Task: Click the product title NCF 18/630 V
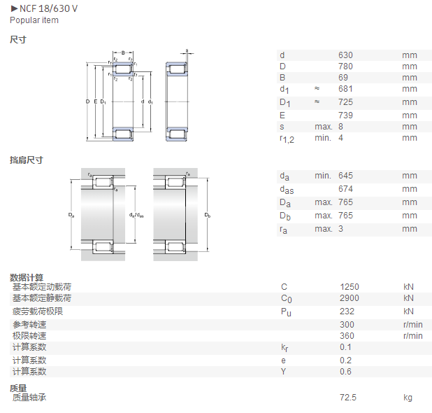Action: (48, 8)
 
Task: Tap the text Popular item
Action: (34, 20)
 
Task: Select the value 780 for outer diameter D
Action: (345, 66)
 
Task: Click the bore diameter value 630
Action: (345, 55)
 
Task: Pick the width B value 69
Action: (343, 78)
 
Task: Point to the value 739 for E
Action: (345, 115)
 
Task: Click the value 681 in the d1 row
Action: (345, 89)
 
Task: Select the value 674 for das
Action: (345, 189)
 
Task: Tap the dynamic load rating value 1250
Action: (350, 287)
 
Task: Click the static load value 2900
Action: (350, 298)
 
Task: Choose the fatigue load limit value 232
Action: (347, 311)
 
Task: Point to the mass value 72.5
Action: (348, 398)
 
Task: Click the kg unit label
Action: (408, 398)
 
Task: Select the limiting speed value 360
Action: (347, 336)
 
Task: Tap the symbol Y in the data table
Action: (284, 372)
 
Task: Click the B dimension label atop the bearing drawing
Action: (123, 52)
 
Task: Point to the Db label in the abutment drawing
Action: (208, 215)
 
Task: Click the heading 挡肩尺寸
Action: (27, 160)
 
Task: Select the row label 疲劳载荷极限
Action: (38, 311)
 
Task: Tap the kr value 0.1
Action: (345, 347)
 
